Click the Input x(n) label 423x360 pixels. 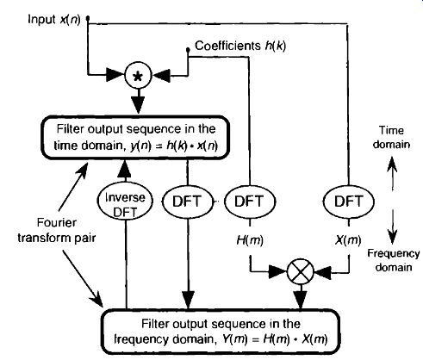pos(54,20)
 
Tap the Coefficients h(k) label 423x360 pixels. pos(240,46)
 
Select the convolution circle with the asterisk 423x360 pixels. pos(138,76)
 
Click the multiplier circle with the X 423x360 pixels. pos(301,271)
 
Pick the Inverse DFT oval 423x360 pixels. pos(125,202)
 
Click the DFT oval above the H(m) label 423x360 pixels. pos(249,202)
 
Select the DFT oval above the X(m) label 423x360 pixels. pos(349,202)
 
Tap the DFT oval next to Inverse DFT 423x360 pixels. pos(188,202)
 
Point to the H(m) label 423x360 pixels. pos(250,240)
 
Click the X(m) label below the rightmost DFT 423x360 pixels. pos(348,240)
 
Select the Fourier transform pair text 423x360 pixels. pos(57,230)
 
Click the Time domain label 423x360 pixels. pos(391,137)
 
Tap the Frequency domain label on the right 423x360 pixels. pos(394,260)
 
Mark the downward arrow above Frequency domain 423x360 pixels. pos(392,227)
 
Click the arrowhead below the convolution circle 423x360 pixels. pos(138,104)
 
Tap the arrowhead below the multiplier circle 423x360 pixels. pos(301,300)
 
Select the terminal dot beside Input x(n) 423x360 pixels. pos(88,19)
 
